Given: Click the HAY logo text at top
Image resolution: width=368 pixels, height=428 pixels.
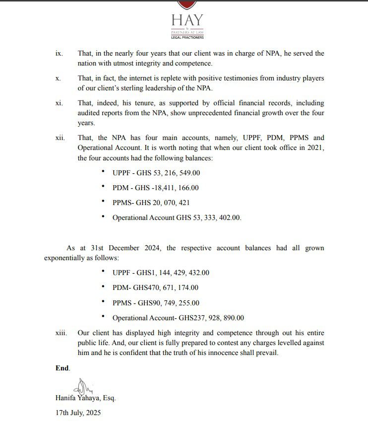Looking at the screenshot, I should pyautogui.click(x=187, y=19).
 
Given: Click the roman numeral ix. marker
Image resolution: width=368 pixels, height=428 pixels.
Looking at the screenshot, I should pyautogui.click(x=59, y=54).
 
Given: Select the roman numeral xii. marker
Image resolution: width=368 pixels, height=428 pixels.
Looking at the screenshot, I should pyautogui.click(x=60, y=138).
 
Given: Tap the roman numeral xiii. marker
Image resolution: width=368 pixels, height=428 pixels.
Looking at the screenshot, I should pyautogui.click(x=61, y=333).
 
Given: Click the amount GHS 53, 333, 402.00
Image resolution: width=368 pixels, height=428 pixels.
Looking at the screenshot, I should pyautogui.click(x=209, y=217).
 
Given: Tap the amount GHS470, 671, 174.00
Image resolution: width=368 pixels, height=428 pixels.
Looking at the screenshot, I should pyautogui.click(x=166, y=287).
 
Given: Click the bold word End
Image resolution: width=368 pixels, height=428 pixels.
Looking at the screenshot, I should pyautogui.click(x=62, y=368).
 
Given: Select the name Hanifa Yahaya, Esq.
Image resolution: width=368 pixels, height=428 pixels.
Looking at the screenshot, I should pyautogui.click(x=85, y=398).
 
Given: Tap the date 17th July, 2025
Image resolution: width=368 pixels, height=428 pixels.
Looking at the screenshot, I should pyautogui.click(x=78, y=413).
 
